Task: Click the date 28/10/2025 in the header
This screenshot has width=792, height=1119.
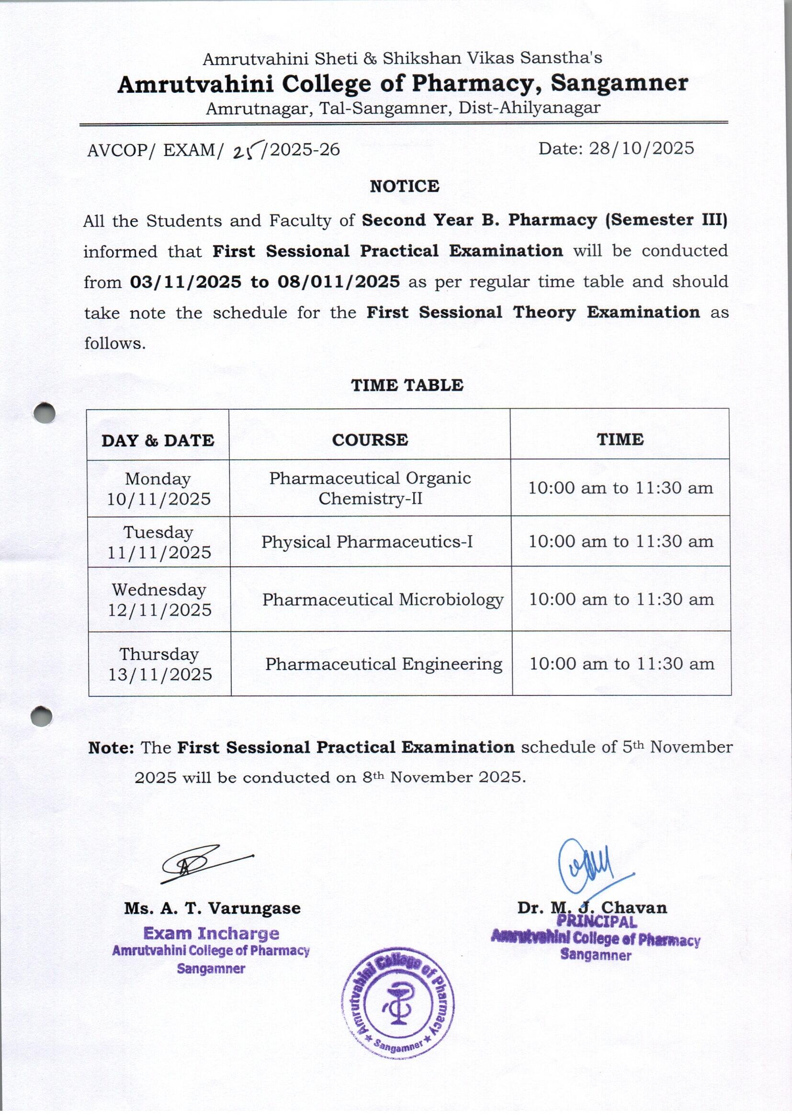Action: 641,149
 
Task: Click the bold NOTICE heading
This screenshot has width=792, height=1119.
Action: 404,186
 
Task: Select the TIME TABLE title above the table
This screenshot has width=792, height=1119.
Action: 407,385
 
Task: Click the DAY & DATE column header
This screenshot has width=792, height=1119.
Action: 158,441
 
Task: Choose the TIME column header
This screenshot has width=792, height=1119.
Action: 620,439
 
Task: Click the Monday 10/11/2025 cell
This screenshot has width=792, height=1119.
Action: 158,488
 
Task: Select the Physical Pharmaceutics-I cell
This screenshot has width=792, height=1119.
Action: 367,542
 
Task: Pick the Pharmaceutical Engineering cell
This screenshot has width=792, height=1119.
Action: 384,664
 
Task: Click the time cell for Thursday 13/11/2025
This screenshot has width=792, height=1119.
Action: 622,663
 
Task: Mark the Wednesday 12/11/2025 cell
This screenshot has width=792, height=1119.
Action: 159,599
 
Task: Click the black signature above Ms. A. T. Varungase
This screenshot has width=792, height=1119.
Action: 200,864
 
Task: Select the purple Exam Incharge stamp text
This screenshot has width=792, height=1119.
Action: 211,933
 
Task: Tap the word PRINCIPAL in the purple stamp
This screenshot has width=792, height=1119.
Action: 597,922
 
